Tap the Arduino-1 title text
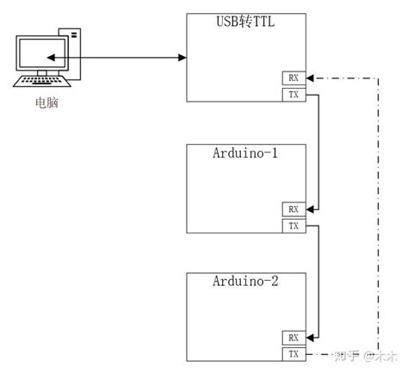click(x=245, y=154)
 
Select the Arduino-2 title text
click(x=245, y=281)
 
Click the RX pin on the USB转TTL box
click(x=294, y=78)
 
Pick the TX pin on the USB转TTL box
click(x=294, y=94)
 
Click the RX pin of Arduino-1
click(x=294, y=209)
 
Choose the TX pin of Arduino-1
click(x=294, y=226)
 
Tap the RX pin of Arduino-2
click(x=294, y=338)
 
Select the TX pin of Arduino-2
click(x=294, y=353)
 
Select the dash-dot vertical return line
click(x=376, y=215)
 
